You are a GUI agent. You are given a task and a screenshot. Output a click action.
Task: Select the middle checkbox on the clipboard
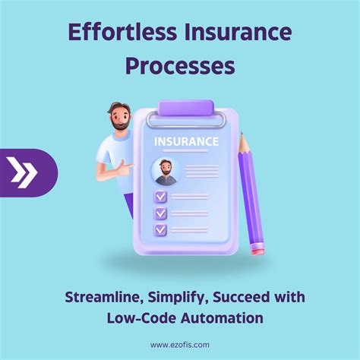click(160, 213)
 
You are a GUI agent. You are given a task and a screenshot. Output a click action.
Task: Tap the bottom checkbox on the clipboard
click(160, 229)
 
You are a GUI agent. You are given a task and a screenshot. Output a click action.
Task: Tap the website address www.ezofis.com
click(180, 345)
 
